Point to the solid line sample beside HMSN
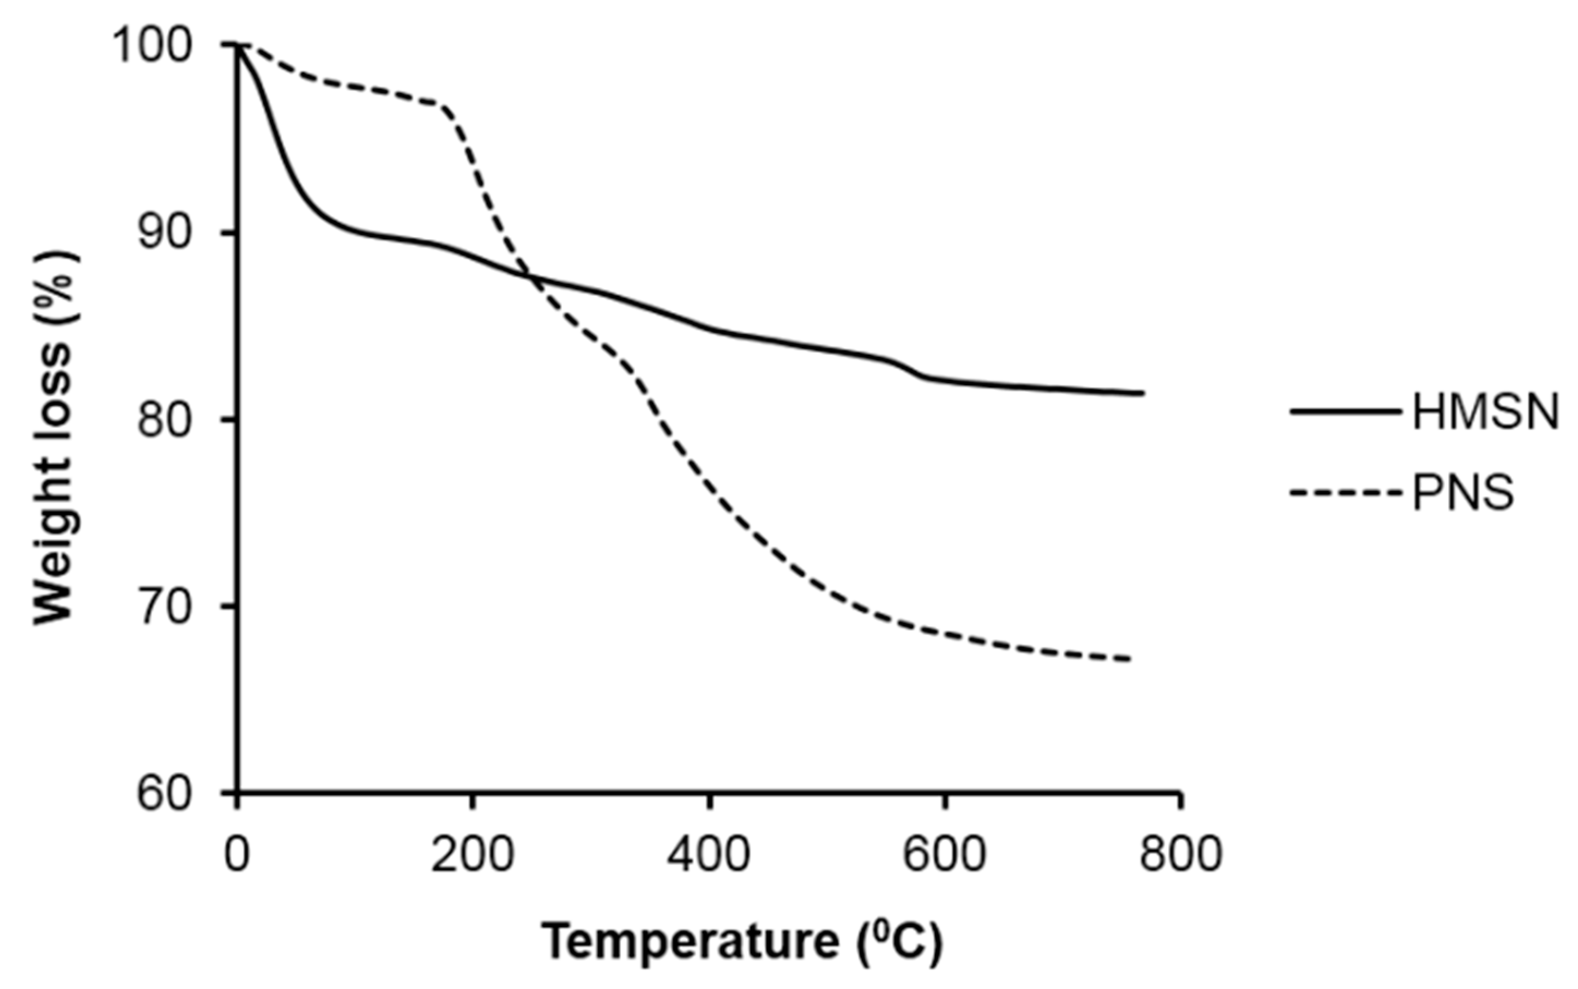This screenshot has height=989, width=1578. [x=1345, y=412]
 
